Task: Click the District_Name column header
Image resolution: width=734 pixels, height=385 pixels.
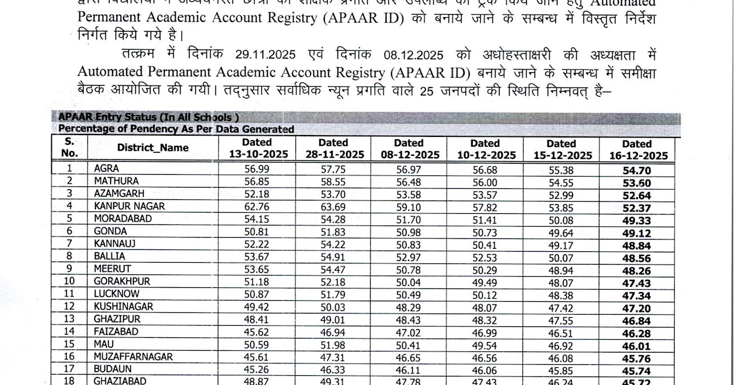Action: click(x=152, y=148)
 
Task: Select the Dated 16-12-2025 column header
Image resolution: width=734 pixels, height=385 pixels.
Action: click(x=637, y=150)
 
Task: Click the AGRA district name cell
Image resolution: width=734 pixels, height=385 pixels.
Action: click(x=106, y=169)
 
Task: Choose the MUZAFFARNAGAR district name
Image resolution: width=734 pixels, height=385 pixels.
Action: click(x=133, y=356)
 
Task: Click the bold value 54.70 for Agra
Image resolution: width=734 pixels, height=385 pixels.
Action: click(x=637, y=170)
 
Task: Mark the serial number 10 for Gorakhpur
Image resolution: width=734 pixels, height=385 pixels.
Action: click(x=69, y=281)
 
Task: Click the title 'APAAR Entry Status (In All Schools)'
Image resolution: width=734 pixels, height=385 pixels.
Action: click(x=147, y=117)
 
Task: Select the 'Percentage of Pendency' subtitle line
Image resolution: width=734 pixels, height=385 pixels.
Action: click(x=176, y=129)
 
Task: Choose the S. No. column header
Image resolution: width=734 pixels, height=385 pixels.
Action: click(x=69, y=148)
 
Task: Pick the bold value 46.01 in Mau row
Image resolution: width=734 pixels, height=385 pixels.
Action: click(x=637, y=346)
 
